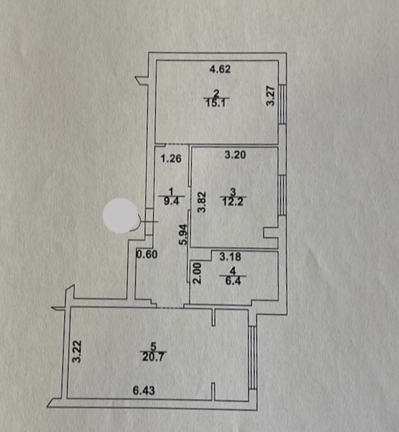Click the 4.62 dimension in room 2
tap(220, 69)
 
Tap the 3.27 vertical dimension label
tap(271, 96)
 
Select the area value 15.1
tap(216, 103)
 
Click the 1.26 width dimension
tap(171, 158)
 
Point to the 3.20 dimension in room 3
tap(235, 155)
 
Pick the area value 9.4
tap(171, 201)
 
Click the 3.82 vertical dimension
tap(202, 202)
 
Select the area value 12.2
tap(233, 202)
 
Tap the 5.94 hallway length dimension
tap(183, 235)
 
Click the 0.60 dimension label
tap(147, 255)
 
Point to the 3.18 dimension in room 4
tap(231, 257)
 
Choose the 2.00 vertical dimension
tap(197, 274)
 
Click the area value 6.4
tap(233, 281)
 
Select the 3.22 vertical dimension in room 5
tap(77, 351)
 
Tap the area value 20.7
tap(154, 357)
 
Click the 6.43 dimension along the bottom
tap(144, 391)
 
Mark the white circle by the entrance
tap(121, 216)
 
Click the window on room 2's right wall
tap(283, 104)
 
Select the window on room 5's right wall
tap(253, 358)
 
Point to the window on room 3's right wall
tap(283, 195)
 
